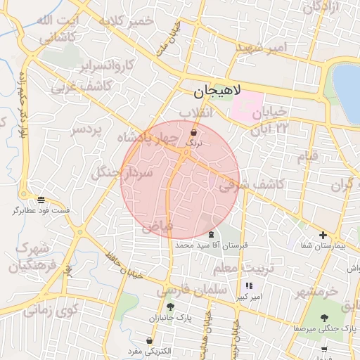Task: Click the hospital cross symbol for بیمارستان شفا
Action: [323, 236]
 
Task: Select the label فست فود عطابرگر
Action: [41, 210]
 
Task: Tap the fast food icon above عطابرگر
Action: [41, 200]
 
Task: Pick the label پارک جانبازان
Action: [169, 319]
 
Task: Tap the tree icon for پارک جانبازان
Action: [169, 307]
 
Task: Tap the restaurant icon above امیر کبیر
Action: [249, 286]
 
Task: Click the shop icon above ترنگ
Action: [193, 131]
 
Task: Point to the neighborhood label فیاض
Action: [156, 227]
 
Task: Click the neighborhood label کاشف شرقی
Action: [250, 184]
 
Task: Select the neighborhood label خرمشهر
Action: [316, 290]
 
